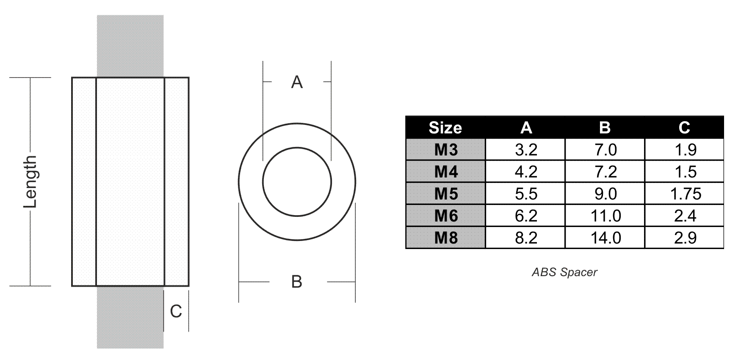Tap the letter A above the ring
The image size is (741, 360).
click(297, 82)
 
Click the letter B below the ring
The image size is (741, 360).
click(297, 282)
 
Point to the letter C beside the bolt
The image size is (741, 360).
click(176, 312)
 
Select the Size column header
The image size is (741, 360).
click(445, 127)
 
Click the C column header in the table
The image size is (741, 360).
click(684, 127)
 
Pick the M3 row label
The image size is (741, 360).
click(446, 150)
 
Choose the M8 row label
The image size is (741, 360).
click(446, 238)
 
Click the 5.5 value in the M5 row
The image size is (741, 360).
click(526, 194)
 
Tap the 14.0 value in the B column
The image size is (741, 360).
click(606, 238)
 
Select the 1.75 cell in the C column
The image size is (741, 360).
click(686, 194)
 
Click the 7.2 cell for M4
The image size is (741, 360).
click(606, 172)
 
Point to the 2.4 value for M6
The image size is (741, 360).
click(685, 216)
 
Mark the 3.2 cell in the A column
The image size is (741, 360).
click(526, 150)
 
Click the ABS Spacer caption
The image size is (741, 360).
click(564, 272)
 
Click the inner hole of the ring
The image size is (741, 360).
click(297, 182)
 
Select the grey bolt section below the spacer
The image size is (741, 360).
click(130, 318)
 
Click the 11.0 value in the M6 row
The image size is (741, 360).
click(606, 216)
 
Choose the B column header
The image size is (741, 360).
click(605, 127)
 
